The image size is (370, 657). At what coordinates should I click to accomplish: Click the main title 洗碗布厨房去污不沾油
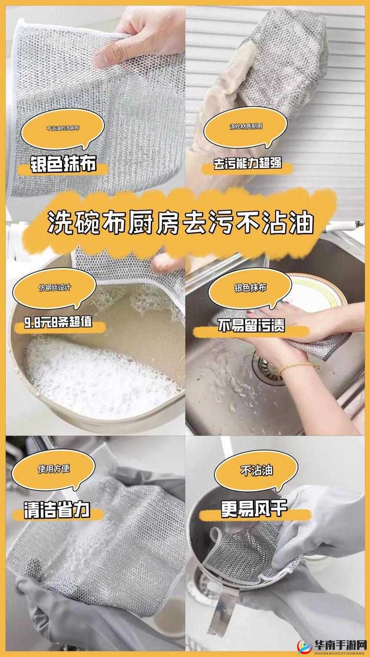point(181,224)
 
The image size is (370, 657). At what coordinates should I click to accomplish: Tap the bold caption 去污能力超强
point(247,164)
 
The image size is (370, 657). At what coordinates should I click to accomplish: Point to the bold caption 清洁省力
point(57,511)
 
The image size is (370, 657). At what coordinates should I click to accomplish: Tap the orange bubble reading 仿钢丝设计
point(55,288)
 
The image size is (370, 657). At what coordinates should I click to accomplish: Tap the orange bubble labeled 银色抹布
point(250,288)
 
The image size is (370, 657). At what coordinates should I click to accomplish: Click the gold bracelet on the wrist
point(299,368)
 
